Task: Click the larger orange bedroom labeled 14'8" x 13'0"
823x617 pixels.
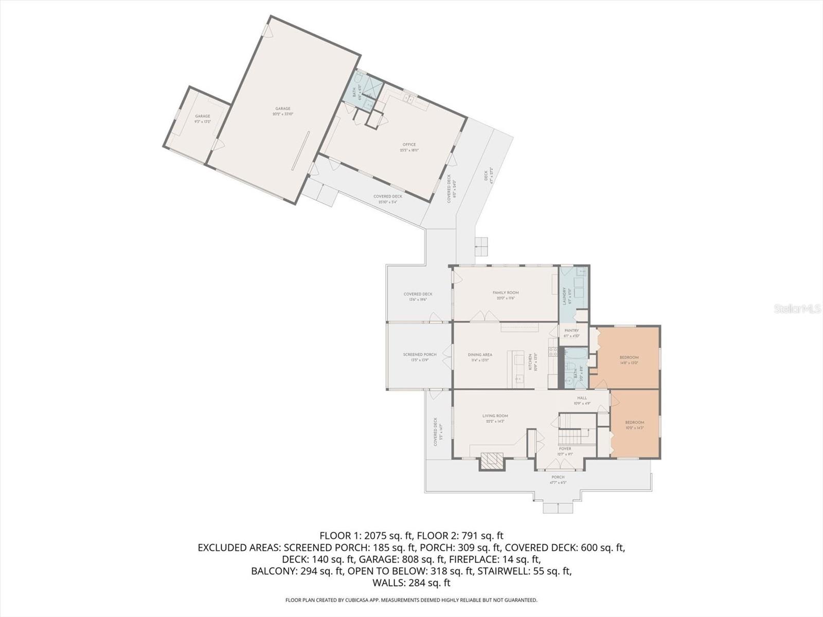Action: (x=629, y=359)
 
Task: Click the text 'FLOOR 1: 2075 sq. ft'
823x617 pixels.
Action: (x=367, y=535)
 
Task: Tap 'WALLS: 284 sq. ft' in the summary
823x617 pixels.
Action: (x=411, y=583)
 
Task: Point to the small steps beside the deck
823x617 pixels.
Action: (x=481, y=247)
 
